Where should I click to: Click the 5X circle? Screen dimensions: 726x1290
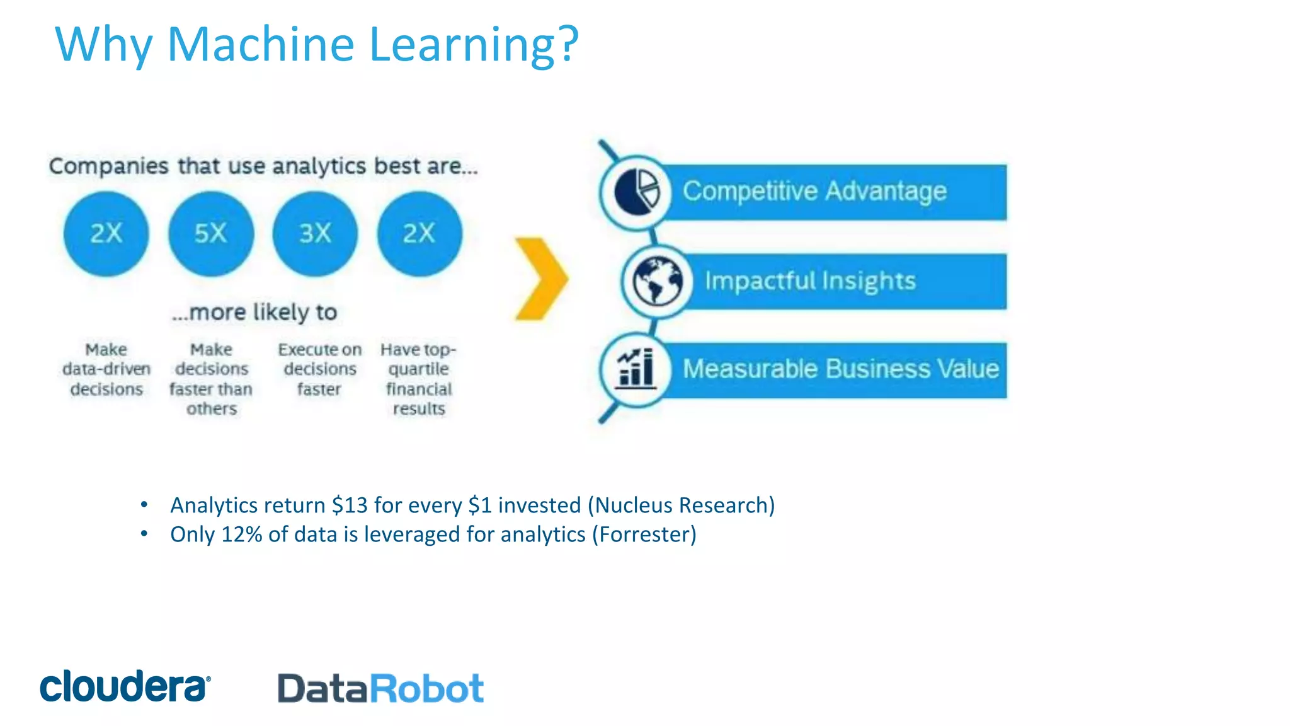point(211,234)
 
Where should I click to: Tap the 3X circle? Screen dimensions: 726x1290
point(315,234)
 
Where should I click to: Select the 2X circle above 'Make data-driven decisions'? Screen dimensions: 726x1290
point(106,234)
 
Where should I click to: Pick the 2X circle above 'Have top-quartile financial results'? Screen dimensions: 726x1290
point(420,234)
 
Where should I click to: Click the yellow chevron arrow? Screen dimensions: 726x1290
point(541,279)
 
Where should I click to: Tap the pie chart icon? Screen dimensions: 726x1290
point(637,192)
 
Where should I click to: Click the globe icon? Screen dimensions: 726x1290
point(657,282)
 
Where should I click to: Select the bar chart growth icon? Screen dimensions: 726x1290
point(636,369)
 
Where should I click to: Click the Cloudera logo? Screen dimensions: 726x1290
point(125,686)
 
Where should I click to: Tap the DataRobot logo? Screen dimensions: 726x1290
point(380,688)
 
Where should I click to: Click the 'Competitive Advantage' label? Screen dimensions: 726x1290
point(814,191)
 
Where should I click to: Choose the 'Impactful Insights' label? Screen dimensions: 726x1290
point(810,281)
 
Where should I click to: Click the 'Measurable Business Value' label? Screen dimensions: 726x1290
point(841,369)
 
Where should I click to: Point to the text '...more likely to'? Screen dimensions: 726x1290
point(254,312)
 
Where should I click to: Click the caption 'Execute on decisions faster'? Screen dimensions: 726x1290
point(320,369)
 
